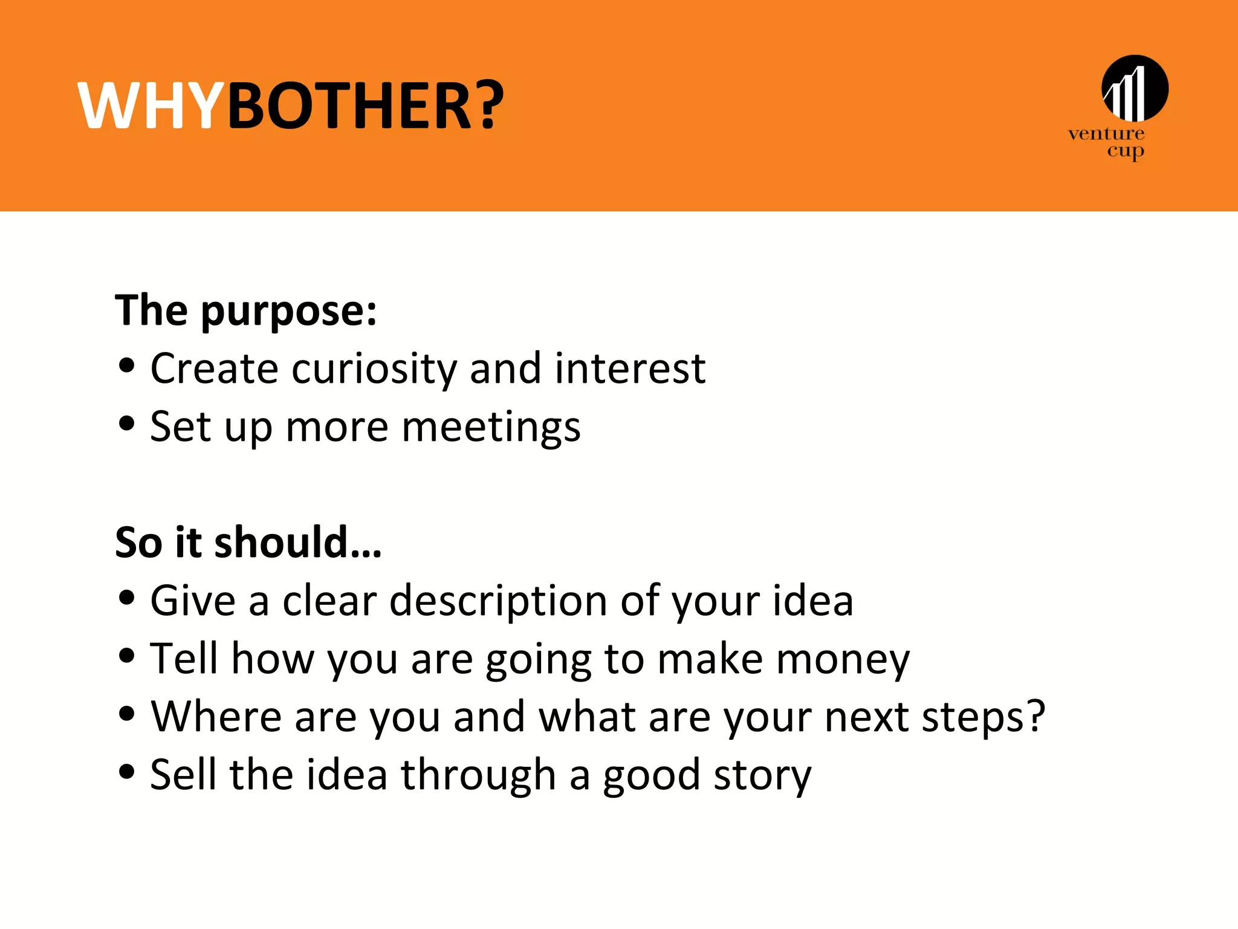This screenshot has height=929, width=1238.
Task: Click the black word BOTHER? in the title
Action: pyautogui.click(x=365, y=106)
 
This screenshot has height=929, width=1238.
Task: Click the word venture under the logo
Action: pyautogui.click(x=1106, y=134)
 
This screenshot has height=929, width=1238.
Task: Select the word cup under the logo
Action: pyautogui.click(x=1126, y=151)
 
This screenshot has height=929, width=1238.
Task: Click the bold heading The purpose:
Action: pyautogui.click(x=246, y=310)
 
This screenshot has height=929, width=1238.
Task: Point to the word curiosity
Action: pyautogui.click(x=374, y=369)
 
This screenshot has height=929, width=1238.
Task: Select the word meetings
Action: pyautogui.click(x=491, y=428)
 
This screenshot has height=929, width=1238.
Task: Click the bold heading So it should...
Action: pyautogui.click(x=248, y=542)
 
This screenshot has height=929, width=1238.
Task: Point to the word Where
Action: pyautogui.click(x=216, y=717)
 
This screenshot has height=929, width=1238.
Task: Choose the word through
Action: pyautogui.click(x=478, y=776)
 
